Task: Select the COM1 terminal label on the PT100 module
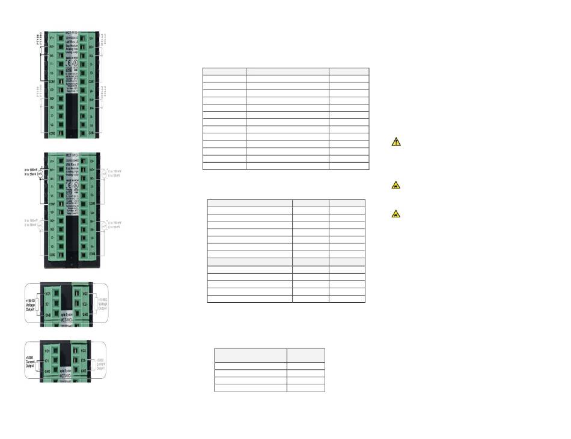[52, 81]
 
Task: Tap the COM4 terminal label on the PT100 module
[92, 132]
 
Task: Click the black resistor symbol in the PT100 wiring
[41, 50]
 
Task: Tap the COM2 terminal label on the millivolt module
[53, 255]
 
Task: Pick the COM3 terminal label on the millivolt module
[92, 204]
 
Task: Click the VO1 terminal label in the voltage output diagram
[48, 294]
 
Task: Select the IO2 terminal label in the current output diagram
[85, 360]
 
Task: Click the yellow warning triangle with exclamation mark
[395, 142]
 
